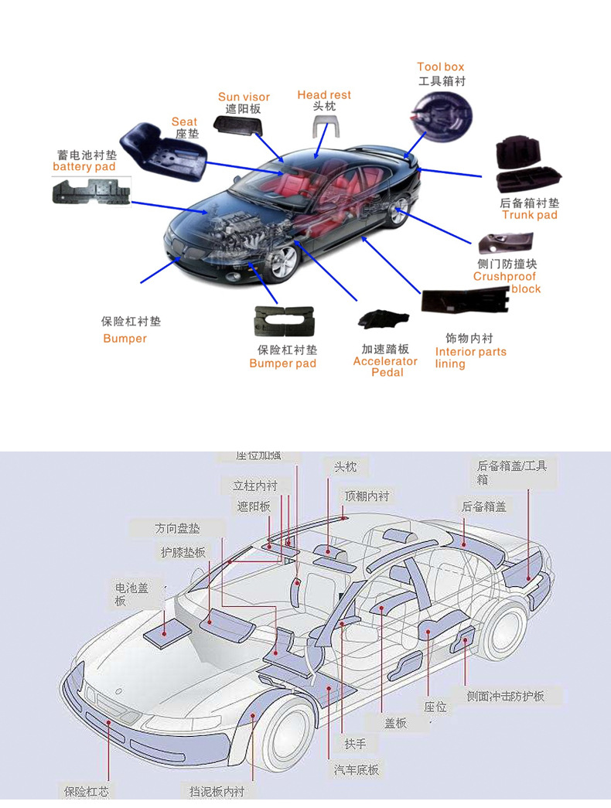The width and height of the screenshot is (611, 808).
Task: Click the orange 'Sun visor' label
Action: coord(244,97)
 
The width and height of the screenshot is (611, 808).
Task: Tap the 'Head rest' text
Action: coord(324,94)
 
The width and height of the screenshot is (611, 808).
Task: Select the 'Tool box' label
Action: coord(441,67)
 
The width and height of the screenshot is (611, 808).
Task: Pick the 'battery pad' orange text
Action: coord(84,167)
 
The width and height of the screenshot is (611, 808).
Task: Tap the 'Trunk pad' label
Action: coord(529,215)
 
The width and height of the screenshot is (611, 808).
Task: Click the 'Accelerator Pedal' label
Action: coord(385,366)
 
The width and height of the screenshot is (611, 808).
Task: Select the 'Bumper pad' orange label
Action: coord(282,363)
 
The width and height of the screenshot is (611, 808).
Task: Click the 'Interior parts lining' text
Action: coord(470,357)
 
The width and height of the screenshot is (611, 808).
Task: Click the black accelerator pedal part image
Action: coord(381,319)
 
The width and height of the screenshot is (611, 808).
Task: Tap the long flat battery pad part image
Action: coord(91,190)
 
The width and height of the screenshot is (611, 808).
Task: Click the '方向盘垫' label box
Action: coord(177,529)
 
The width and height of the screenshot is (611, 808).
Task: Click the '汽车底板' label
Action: coord(357,769)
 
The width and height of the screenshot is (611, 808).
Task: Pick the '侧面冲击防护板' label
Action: coord(505,696)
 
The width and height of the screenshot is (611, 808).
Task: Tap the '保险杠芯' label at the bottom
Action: coord(86,791)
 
